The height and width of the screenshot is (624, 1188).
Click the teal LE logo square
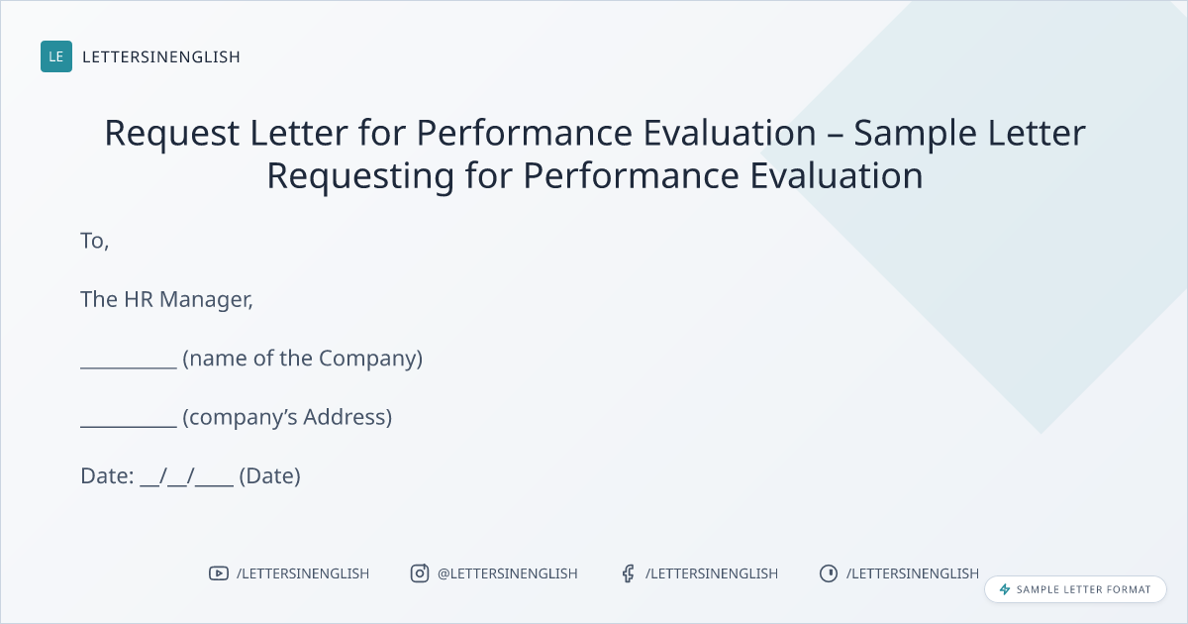56,56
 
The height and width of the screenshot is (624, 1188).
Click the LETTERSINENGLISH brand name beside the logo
161,56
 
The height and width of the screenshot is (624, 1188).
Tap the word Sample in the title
915,133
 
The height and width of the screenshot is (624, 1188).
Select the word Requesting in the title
360,176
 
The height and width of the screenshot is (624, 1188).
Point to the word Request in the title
172,133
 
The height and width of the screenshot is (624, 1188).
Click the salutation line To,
95,241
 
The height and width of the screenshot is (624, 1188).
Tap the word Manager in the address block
206,300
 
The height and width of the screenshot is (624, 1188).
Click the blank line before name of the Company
129,367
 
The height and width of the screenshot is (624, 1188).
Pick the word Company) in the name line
370,359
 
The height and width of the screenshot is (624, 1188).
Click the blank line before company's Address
129,426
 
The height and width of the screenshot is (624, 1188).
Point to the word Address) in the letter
347,417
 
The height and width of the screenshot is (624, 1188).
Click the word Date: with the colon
107,476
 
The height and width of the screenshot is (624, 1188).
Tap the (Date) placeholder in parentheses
270,476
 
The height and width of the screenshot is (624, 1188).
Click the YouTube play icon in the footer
219,573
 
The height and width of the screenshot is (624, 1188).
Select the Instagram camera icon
420,573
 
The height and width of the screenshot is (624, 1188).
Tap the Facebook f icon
629,573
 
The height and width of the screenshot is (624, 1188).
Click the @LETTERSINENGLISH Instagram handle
508,573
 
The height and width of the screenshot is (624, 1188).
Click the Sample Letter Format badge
1075,589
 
